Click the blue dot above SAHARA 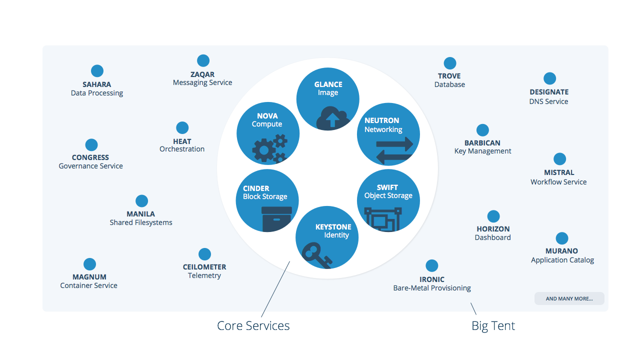[x=97, y=71]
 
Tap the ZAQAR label [x=202, y=74]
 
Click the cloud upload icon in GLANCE [x=332, y=119]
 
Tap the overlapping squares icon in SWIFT [x=383, y=216]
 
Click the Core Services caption [x=253, y=326]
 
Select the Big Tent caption [x=493, y=326]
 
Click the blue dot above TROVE [x=450, y=63]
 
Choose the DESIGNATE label [x=549, y=92]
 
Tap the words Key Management [x=482, y=151]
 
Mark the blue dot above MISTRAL [x=559, y=159]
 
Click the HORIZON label [x=493, y=229]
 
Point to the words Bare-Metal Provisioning [x=432, y=288]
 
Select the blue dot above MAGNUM [x=89, y=264]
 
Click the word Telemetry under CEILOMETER [x=204, y=275]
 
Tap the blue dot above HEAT [x=182, y=127]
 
